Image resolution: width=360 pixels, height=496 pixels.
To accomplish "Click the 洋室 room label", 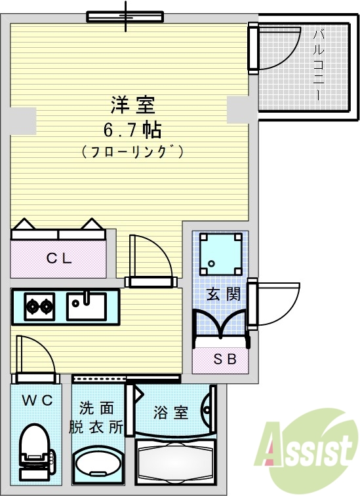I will (x=132, y=104).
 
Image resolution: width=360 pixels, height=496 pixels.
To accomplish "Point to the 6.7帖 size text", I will (x=132, y=128).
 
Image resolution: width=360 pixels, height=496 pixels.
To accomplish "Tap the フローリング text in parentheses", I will (x=132, y=151).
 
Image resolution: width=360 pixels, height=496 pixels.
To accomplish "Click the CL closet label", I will (x=58, y=258).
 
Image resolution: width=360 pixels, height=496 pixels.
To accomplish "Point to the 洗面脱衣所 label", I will (x=96, y=418).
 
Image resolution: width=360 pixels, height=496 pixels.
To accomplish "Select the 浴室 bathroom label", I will (x=171, y=413).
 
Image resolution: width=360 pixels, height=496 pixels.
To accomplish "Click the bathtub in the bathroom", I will (x=175, y=462).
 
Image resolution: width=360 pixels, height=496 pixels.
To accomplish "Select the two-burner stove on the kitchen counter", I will (x=39, y=306).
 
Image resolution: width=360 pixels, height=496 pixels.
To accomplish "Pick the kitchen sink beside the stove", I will (x=86, y=305).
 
